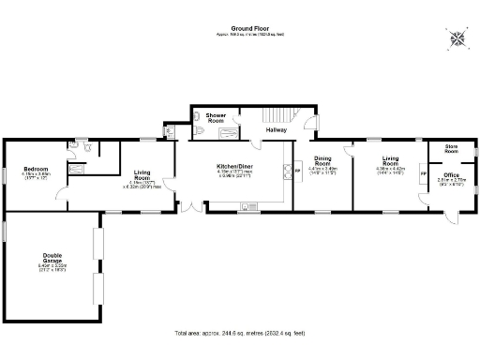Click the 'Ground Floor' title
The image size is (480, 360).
[239, 29]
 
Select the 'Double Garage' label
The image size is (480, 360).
[52, 258]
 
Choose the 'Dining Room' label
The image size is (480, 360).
[322, 161]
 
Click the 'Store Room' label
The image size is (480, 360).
[451, 149]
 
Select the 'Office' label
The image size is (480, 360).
[451, 175]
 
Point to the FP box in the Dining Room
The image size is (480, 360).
[298, 171]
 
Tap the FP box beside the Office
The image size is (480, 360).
[422, 174]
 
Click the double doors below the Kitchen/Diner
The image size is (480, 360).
[191, 205]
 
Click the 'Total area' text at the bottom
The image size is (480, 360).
[239, 333]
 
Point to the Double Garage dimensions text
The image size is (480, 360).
[52, 267]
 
